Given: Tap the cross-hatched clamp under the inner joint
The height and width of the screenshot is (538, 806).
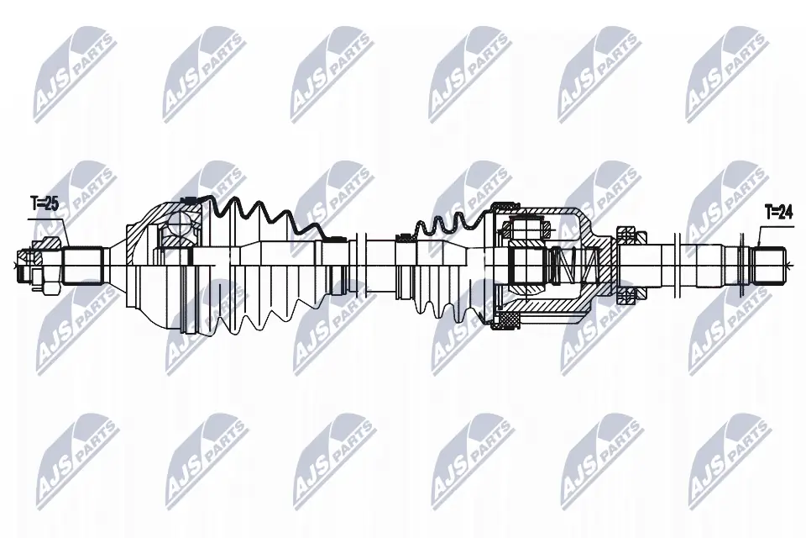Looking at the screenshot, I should coord(508,319).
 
